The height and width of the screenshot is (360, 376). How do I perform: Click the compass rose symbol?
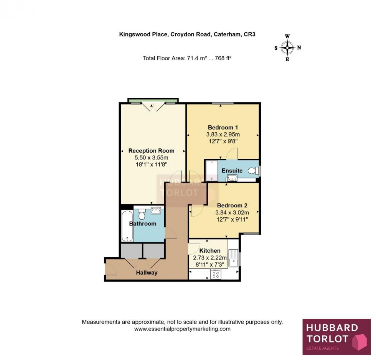[x=287, y=48]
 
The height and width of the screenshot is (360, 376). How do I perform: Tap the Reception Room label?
[x=151, y=151]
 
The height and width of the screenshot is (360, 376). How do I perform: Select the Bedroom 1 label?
[x=223, y=127]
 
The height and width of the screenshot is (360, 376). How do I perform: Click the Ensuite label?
[x=232, y=170]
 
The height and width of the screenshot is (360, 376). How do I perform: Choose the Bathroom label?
[x=142, y=224]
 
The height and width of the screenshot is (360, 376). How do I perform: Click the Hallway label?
[x=147, y=273]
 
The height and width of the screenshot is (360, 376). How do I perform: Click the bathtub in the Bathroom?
[x=127, y=225]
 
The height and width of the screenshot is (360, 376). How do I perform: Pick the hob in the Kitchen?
[x=216, y=274]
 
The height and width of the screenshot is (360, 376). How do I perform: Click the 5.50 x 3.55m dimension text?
[x=151, y=158]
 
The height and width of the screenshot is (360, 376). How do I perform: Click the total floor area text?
[x=187, y=59]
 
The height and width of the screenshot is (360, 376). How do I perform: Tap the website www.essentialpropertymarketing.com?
[x=182, y=329]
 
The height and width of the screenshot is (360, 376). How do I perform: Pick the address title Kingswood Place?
[x=187, y=35]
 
